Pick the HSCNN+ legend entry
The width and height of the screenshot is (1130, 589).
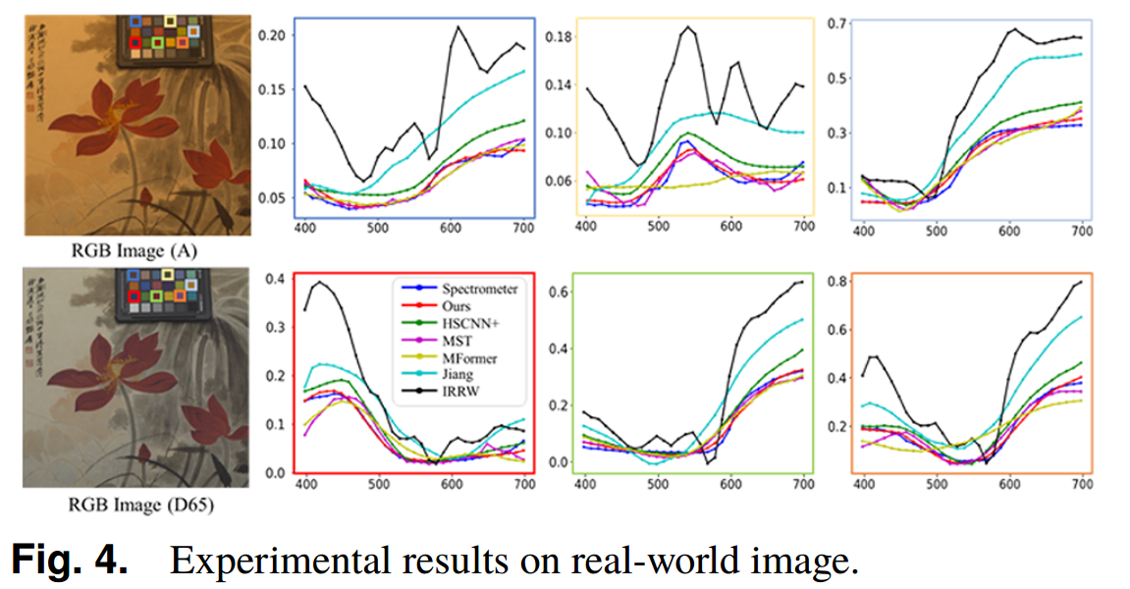click(x=458, y=324)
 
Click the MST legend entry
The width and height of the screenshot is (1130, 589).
click(x=448, y=342)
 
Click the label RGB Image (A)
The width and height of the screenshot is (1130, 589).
click(x=137, y=251)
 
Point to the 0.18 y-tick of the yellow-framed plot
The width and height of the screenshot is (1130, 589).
click(x=560, y=36)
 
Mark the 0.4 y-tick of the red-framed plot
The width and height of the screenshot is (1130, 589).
click(x=277, y=279)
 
